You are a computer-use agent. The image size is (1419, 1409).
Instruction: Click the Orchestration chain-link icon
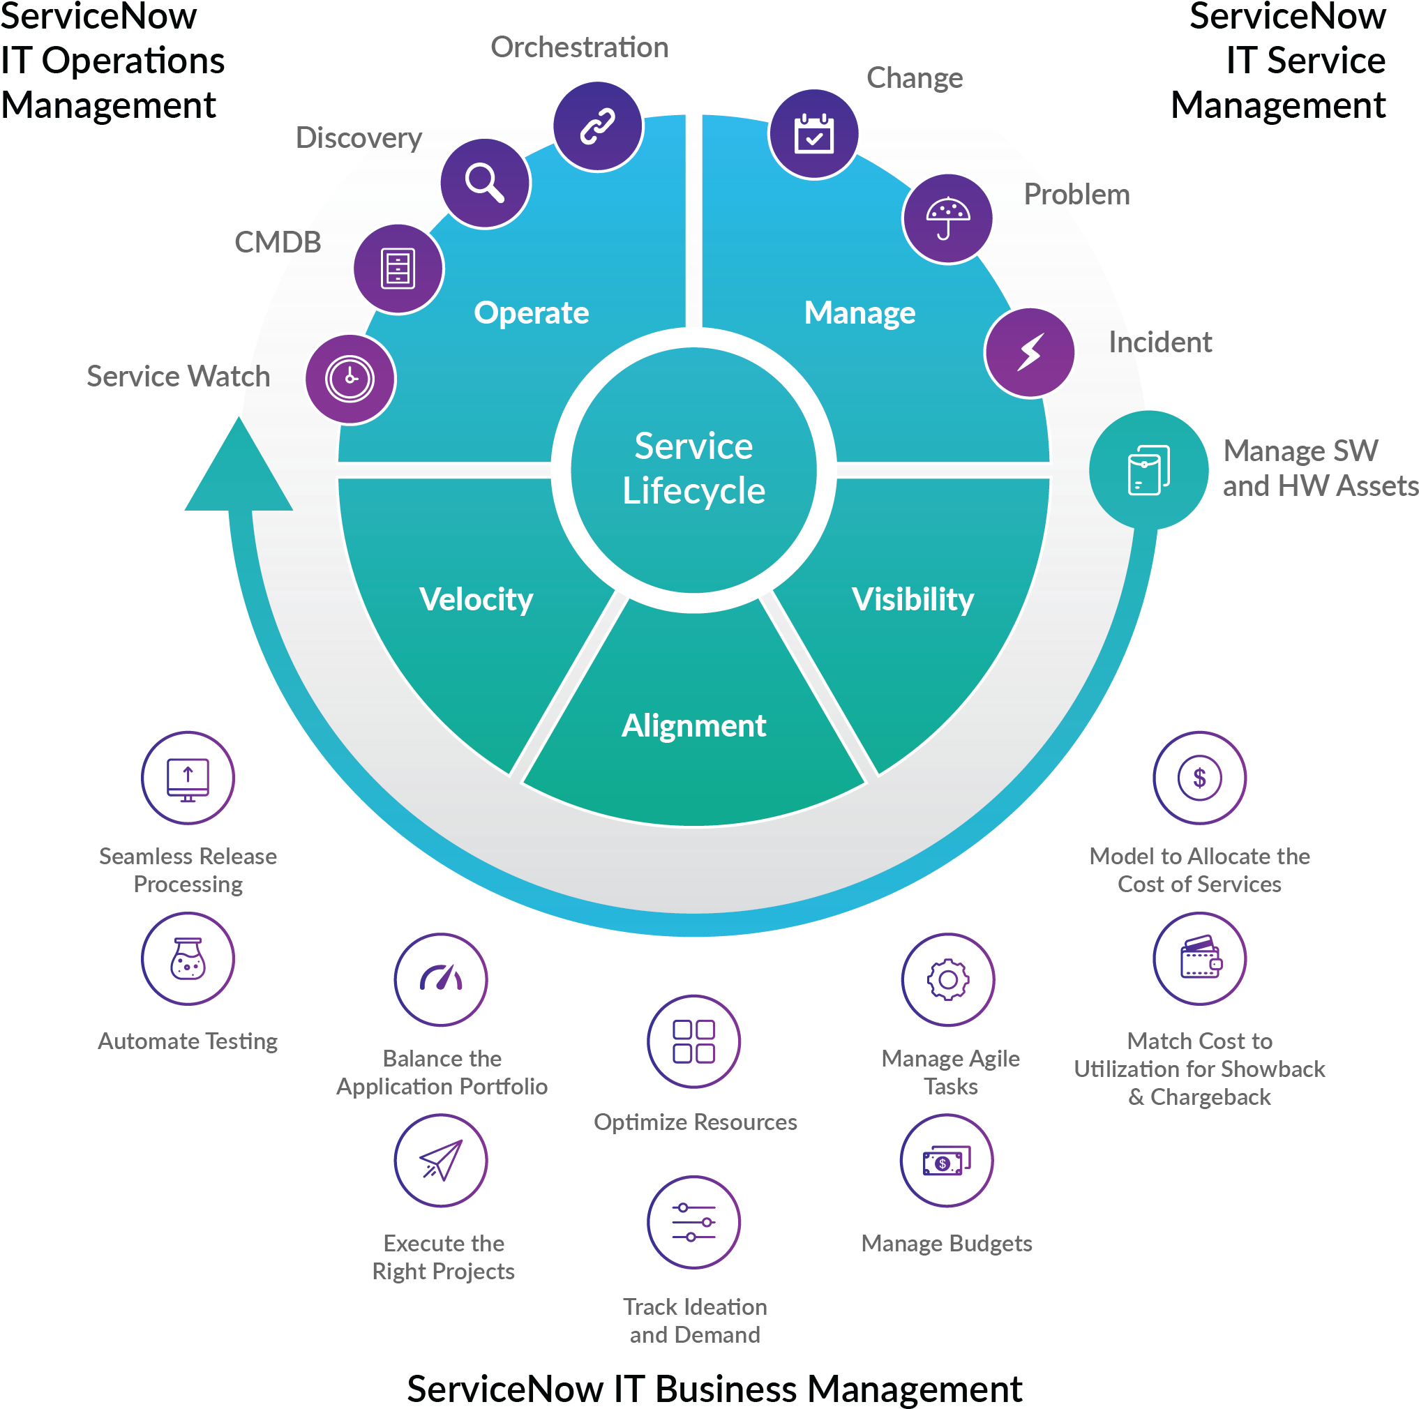[x=597, y=126]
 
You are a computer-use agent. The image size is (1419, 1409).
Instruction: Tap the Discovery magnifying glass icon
[x=485, y=183]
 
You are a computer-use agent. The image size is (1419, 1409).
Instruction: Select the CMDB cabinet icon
[x=398, y=269]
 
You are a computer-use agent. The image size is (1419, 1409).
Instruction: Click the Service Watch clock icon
[x=350, y=379]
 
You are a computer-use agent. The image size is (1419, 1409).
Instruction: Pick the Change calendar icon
[x=813, y=135]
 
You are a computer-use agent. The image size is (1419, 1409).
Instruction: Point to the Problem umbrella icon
[x=947, y=219]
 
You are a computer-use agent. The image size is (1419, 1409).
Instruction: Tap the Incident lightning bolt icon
[x=1030, y=352]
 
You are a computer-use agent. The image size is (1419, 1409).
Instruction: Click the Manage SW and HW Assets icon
[x=1148, y=470]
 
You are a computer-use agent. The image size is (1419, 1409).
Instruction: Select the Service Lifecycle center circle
[x=693, y=469]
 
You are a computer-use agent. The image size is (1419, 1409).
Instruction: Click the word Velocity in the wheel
[x=476, y=599]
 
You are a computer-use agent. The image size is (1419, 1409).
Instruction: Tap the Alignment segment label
[x=693, y=725]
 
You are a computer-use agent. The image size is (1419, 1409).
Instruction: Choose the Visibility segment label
[x=913, y=599]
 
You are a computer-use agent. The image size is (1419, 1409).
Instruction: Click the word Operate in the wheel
[x=531, y=312]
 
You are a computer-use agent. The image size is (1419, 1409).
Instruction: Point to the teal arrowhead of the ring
[x=239, y=470]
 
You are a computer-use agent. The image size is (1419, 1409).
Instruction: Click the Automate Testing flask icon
[x=188, y=958]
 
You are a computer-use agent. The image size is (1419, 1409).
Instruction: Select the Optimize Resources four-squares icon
[x=693, y=1041]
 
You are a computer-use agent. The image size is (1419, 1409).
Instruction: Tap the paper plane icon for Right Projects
[x=441, y=1160]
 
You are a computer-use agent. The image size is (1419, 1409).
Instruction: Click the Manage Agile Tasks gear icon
[x=947, y=979]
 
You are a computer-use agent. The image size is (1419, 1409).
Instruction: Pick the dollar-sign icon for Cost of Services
[x=1199, y=778]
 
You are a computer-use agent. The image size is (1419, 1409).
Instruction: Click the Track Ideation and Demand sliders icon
[x=693, y=1223]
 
